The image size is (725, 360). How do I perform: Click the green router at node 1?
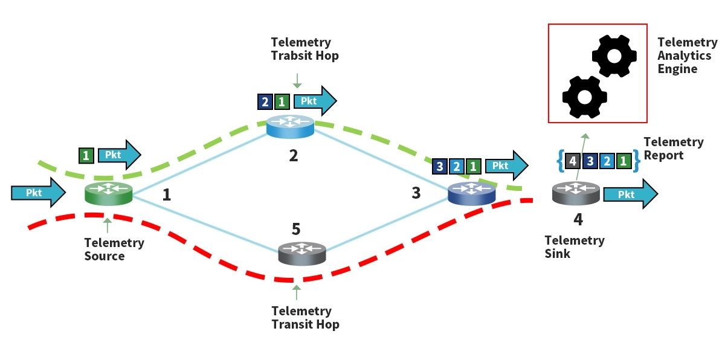(108, 193)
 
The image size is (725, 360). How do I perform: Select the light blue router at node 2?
(290, 126)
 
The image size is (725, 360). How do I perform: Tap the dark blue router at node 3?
(471, 193)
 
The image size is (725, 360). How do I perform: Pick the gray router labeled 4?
(576, 193)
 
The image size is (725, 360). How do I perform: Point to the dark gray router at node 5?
(301, 253)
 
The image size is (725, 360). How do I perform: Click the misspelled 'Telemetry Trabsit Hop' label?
(304, 49)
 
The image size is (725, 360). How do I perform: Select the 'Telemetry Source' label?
(114, 249)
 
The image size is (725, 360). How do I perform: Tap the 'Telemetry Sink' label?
(574, 247)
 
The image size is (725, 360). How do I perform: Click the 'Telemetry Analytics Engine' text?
(687, 56)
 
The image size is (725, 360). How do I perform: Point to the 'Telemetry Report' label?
(673, 149)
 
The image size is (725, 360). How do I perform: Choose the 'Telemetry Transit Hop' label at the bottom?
(304, 318)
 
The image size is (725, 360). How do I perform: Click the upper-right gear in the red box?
(614, 56)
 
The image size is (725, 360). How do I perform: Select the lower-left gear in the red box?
(584, 97)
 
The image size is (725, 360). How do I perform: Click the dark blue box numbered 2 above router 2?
(265, 101)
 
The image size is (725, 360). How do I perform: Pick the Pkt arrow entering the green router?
(37, 193)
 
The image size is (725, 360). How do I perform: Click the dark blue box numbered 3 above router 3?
(440, 166)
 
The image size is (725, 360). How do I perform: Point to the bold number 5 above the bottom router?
(295, 230)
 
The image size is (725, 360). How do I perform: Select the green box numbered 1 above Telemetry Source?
(86, 155)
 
